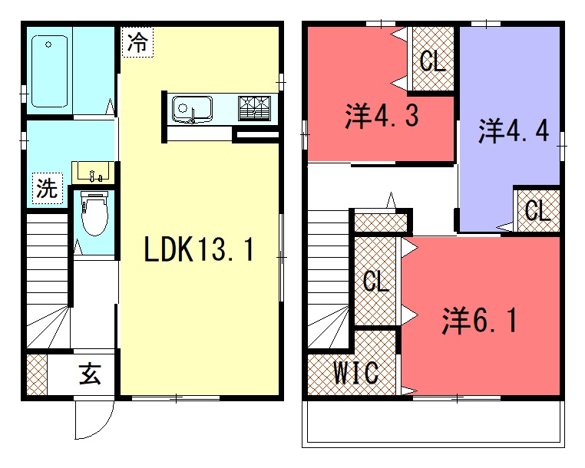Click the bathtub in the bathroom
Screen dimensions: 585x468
[x=49, y=71]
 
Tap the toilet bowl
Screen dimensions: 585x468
[x=94, y=214]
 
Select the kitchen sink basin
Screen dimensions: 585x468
[x=192, y=109]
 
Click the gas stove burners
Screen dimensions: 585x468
[x=254, y=108]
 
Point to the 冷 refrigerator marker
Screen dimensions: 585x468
[x=137, y=41]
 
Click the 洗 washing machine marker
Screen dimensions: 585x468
[x=48, y=188]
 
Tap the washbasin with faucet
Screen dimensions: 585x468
[x=93, y=173]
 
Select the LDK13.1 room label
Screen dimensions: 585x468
[x=200, y=249]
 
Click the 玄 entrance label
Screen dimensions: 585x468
[x=90, y=374]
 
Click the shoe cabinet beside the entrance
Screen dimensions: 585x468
[x=37, y=374]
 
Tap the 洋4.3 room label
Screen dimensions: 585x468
[x=382, y=116]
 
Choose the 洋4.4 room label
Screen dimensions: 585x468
[x=514, y=130]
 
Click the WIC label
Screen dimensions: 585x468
[x=356, y=372]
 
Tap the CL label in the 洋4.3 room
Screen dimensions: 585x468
[x=433, y=61]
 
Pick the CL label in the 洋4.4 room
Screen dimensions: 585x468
[x=537, y=210]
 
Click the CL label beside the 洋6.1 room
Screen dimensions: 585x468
[x=376, y=281]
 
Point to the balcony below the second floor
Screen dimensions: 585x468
[x=433, y=424]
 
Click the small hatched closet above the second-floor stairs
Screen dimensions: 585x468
[x=381, y=222]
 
